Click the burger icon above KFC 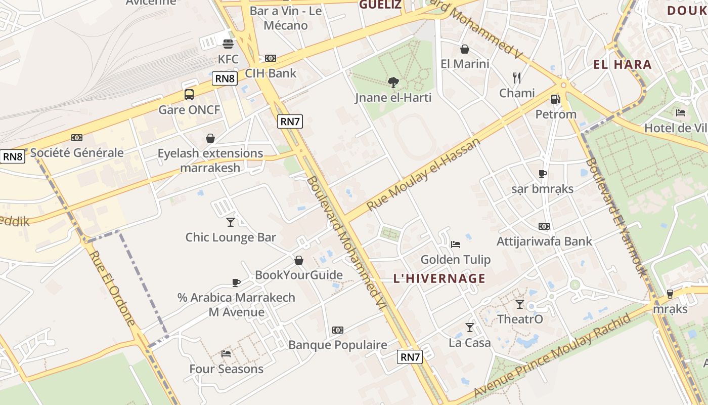[228, 44]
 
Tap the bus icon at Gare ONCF [189, 95]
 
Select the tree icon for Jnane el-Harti [393, 83]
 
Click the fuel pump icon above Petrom [556, 99]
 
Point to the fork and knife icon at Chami [516, 78]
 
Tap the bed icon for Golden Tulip [456, 245]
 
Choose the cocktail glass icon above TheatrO [520, 304]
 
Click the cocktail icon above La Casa [470, 328]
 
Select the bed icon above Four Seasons [226, 354]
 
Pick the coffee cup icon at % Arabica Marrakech [236, 282]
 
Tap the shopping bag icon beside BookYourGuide [299, 260]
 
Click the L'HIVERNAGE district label [439, 278]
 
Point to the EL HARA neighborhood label [623, 65]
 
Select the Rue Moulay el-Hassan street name [423, 175]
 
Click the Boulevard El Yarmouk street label [616, 218]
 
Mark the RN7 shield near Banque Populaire [410, 357]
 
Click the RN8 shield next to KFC [225, 78]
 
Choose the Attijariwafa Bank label [544, 241]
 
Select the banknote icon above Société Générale [77, 138]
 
